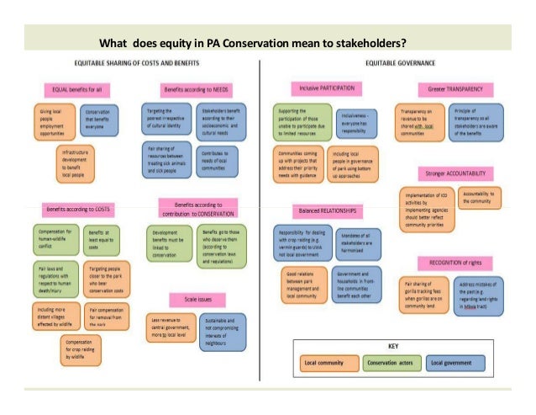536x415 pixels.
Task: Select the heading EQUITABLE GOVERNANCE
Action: [x=399, y=64]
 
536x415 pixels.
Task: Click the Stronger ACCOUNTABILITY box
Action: [x=455, y=173]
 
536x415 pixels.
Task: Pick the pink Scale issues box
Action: [x=198, y=298]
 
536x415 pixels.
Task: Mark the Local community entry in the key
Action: [x=330, y=363]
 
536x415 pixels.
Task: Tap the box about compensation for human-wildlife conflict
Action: [x=55, y=238]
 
